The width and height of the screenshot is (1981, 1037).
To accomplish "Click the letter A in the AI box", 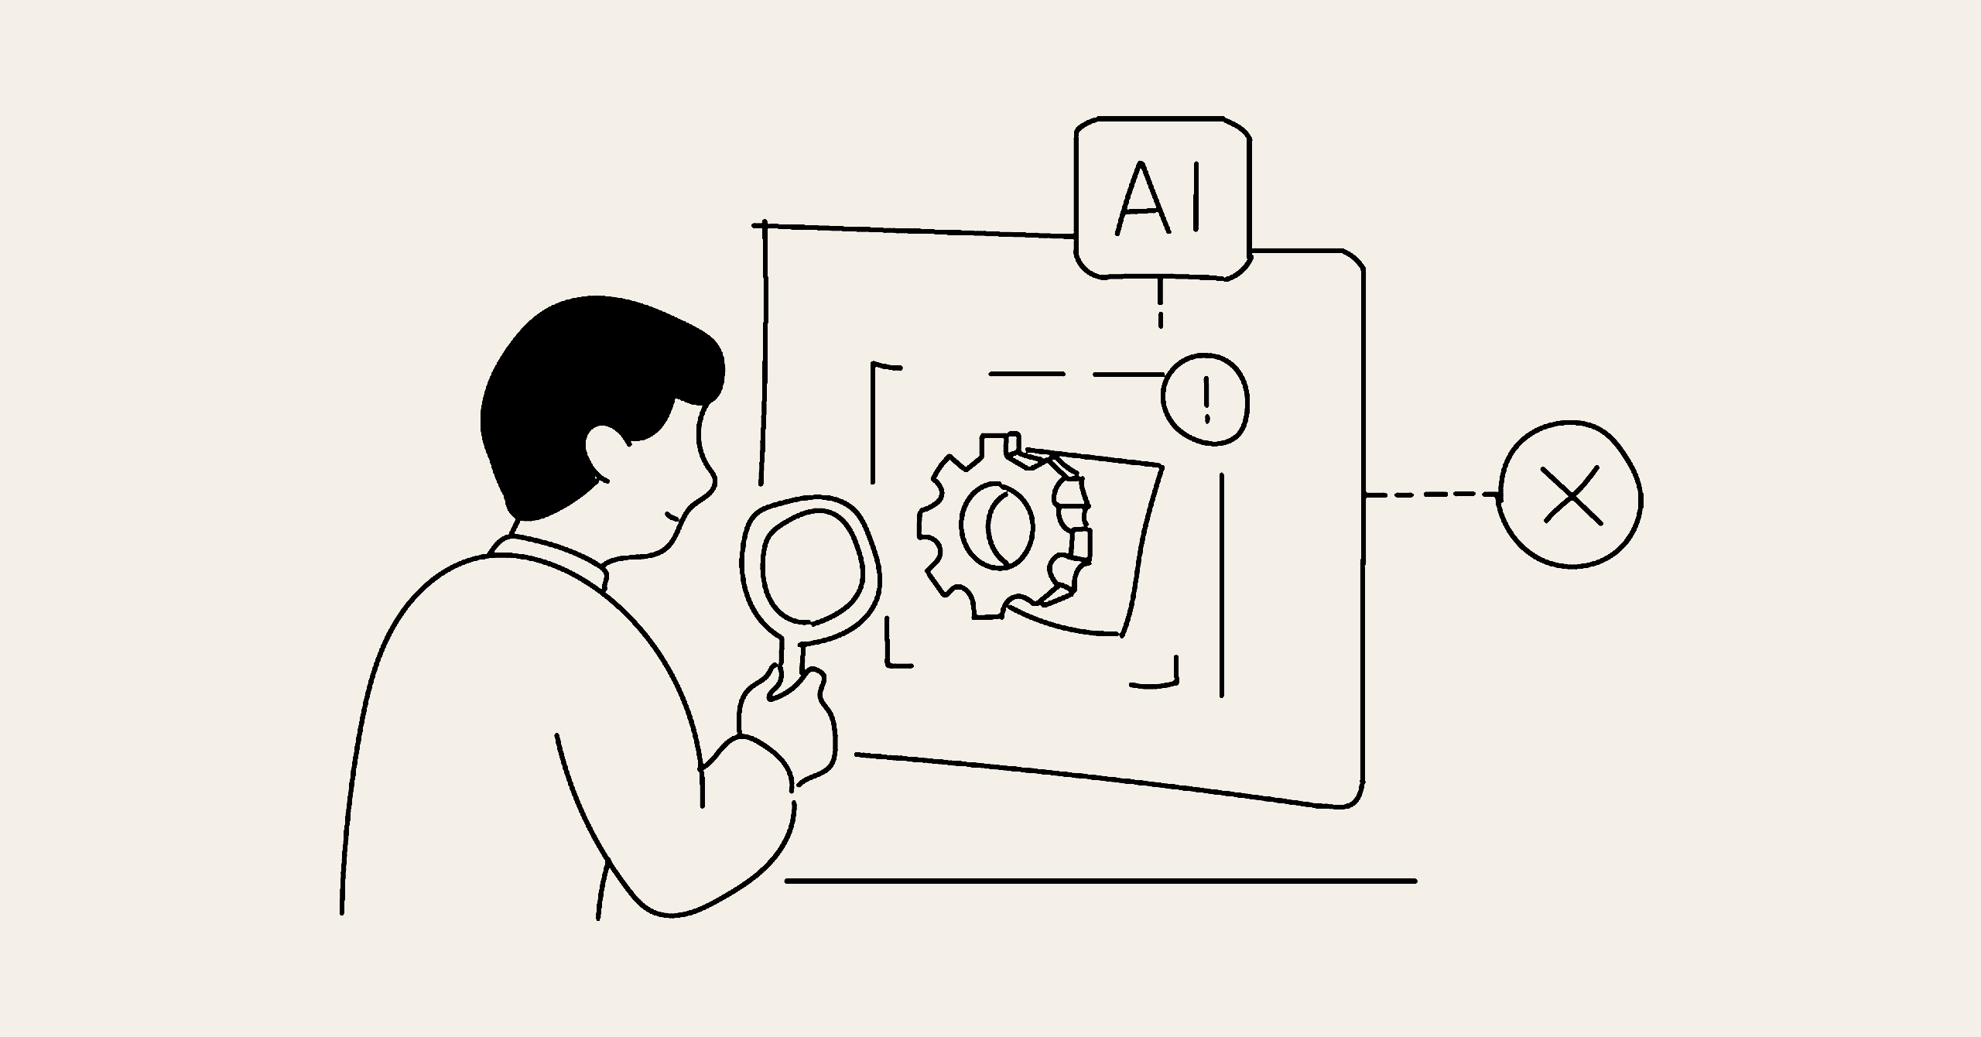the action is (x=1141, y=198).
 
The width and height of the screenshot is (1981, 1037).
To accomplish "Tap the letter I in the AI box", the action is (x=1197, y=197).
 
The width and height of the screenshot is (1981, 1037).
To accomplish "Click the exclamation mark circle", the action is (x=1206, y=399).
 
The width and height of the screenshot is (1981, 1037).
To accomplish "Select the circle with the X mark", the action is (x=1571, y=495).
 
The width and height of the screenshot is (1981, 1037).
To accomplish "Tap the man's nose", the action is (x=708, y=480).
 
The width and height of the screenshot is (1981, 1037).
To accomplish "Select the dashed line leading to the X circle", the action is (x=1432, y=495).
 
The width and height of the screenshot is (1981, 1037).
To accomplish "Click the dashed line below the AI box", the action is (x=1160, y=303).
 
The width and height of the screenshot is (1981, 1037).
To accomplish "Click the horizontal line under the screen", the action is (x=1100, y=881).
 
